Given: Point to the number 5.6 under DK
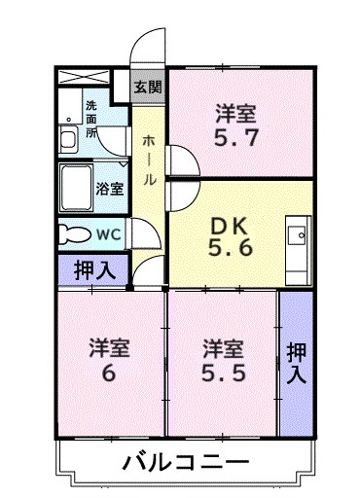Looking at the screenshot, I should click(233, 249).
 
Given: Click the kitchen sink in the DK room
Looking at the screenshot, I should click(296, 235).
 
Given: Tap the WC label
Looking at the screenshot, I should click(109, 233).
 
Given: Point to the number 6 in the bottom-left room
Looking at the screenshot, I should click(110, 371).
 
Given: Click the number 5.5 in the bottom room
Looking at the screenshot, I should click(223, 371).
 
